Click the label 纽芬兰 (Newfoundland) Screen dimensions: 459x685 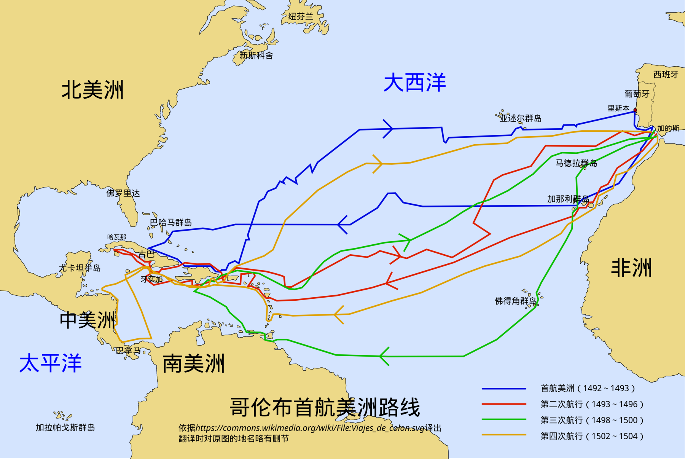pos(301,16)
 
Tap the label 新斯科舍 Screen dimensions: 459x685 pos(256,56)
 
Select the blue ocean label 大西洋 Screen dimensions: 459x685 pos(414,83)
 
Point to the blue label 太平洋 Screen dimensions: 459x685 pos(50,363)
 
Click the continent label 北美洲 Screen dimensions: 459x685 pos(92,90)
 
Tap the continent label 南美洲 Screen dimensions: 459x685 pos(193,363)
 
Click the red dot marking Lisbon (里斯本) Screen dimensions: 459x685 pos(635,110)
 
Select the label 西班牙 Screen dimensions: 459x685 pos(666,75)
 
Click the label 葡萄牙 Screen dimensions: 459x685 pos(637,94)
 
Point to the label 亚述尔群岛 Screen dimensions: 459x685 pos(521,118)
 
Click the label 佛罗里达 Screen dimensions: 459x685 pos(123,193)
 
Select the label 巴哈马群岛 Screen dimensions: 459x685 pos(171,223)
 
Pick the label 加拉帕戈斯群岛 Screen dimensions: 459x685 pos(65,428)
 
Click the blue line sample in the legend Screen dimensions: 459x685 pos(504,389)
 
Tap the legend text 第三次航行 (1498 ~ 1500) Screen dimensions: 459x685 pos(592,420)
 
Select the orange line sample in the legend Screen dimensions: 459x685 pos(504,435)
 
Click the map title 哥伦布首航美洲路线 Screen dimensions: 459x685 pos(325,407)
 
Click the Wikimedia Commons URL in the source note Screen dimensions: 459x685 pos(310,428)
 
